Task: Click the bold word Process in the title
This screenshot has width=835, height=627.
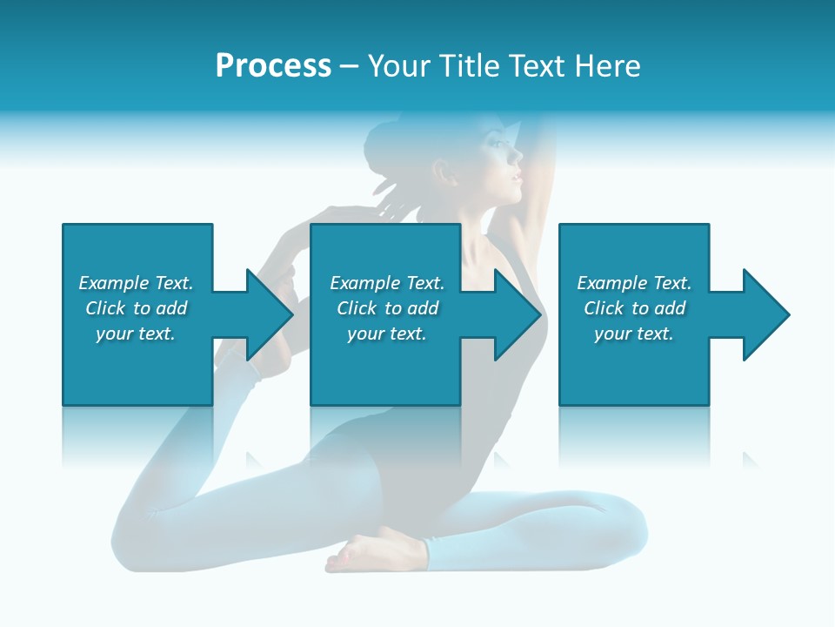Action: point(273,66)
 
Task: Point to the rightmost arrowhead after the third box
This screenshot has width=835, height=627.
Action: point(765,314)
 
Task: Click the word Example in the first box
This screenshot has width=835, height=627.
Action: point(114,283)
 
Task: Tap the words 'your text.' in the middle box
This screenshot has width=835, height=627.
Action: point(386,334)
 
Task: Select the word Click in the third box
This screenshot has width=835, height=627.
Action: point(604,308)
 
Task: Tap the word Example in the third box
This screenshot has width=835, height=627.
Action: point(612,283)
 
